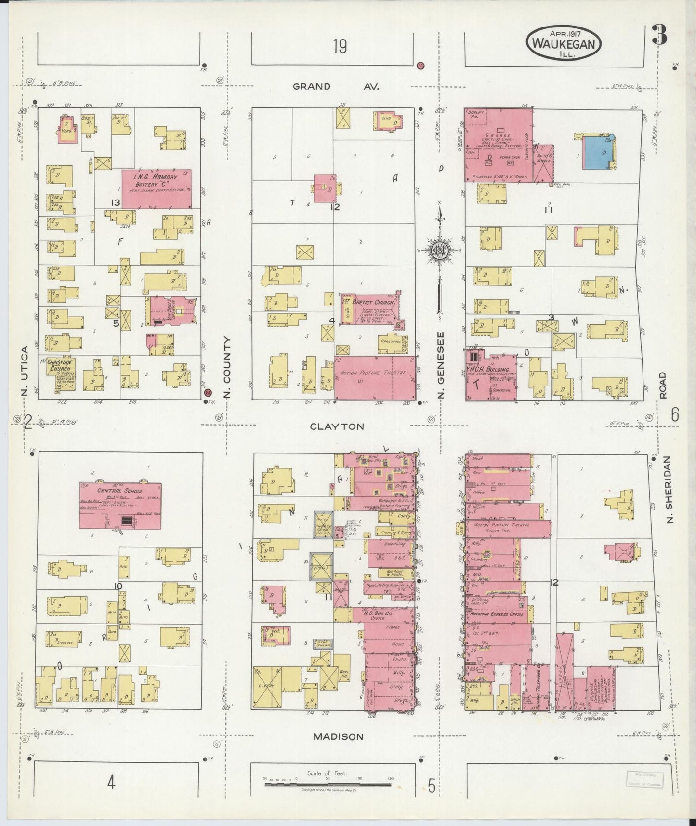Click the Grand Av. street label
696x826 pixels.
(x=336, y=87)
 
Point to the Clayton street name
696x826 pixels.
(x=337, y=426)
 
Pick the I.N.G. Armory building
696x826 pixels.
(x=157, y=189)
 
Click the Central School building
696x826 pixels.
(x=120, y=505)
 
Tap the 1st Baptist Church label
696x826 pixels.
(x=368, y=302)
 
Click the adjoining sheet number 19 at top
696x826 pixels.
(x=339, y=47)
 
